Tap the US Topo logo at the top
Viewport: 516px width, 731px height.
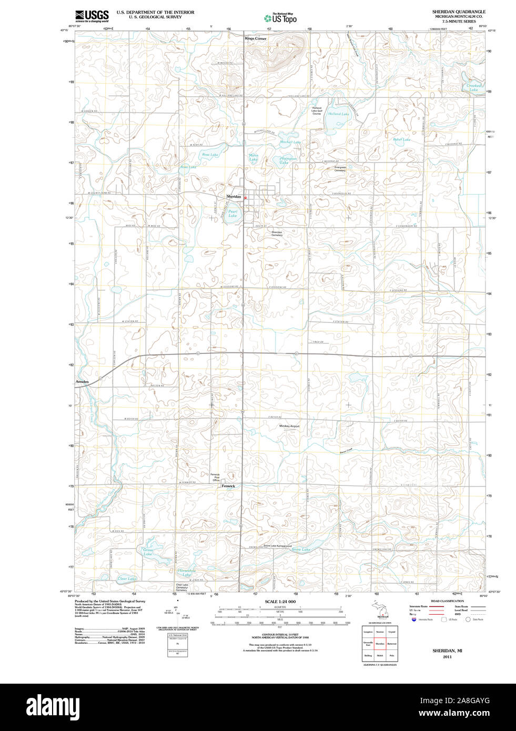pos(280,18)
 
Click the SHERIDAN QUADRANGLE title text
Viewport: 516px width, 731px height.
pos(459,12)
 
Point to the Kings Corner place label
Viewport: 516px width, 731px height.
pos(256,38)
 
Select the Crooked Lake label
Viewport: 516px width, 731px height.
pos(473,88)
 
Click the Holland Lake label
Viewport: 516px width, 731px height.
pos(338,114)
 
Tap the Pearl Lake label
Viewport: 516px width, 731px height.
pos(232,214)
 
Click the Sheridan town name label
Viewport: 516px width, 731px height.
pos(234,196)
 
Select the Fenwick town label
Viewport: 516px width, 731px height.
pos(228,486)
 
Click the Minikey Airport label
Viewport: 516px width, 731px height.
pos(289,426)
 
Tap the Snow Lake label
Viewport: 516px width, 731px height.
pos(301,550)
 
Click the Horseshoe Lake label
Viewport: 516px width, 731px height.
pos(186,572)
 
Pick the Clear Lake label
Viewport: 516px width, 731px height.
pos(126,578)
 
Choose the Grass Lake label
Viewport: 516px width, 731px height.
pos(148,552)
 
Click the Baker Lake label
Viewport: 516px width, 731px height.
pos(401,139)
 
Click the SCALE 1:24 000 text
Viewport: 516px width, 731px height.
pos(280,602)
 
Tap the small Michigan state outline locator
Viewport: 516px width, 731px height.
pos(379,610)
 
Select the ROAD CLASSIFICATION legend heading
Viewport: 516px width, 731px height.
pos(447,601)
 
